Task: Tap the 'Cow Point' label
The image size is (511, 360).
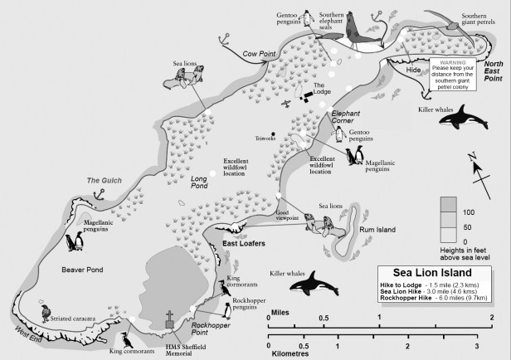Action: coord(260,54)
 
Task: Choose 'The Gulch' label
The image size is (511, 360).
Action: coord(105,180)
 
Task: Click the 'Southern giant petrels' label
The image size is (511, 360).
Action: coord(485,20)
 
